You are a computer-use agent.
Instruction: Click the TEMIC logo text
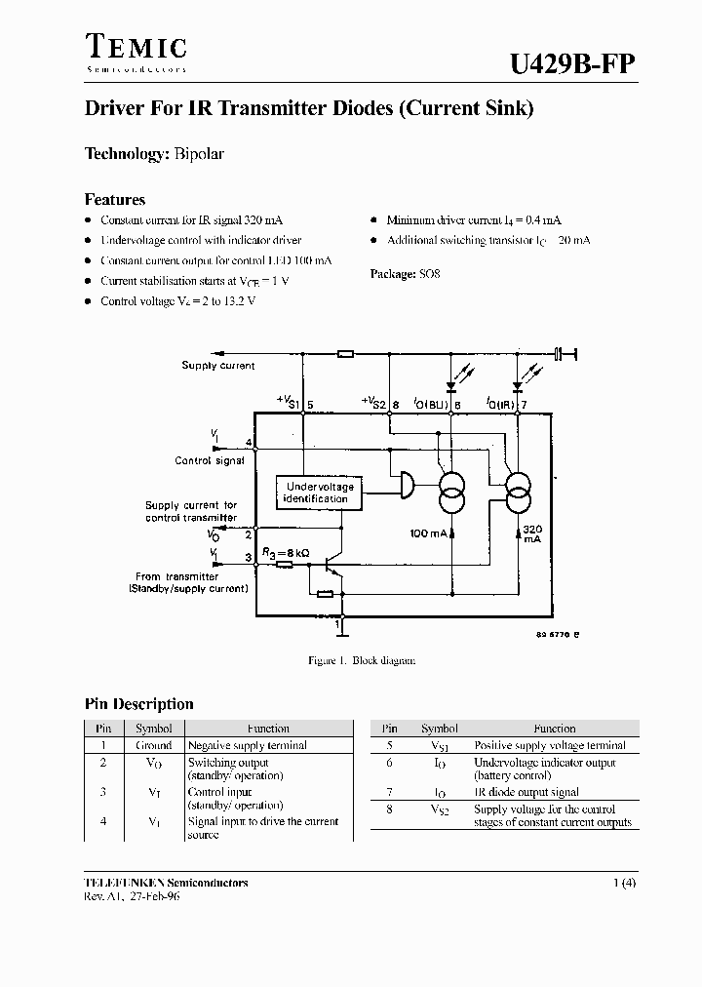click(x=136, y=46)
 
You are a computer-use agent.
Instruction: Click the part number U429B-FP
click(x=573, y=63)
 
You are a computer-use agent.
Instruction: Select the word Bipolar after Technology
click(x=200, y=154)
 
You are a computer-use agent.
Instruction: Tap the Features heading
click(x=115, y=200)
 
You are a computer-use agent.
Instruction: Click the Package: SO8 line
click(x=406, y=274)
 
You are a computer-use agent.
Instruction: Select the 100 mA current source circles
click(x=451, y=492)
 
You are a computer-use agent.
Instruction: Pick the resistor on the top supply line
click(x=344, y=353)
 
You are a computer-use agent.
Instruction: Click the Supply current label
click(x=218, y=366)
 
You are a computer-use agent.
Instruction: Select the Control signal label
click(x=210, y=460)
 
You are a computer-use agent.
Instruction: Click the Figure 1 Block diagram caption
click(x=362, y=660)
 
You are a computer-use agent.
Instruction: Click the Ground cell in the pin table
click(x=154, y=745)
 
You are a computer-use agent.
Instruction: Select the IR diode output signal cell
click(x=526, y=792)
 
